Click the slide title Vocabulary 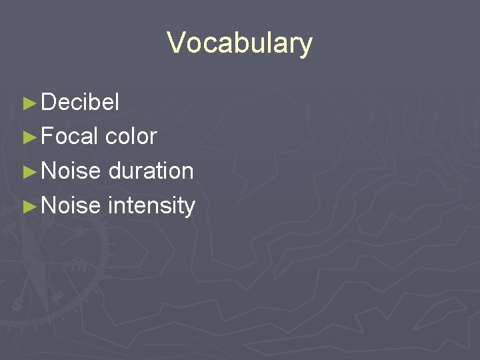click(239, 43)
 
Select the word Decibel click(80, 103)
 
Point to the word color click(131, 137)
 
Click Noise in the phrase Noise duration click(71, 171)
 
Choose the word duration click(151, 171)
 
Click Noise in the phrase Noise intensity click(71, 205)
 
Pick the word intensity click(151, 205)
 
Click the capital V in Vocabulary click(176, 43)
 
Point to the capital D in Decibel click(49, 103)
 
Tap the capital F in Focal click(48, 137)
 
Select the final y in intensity click(189, 207)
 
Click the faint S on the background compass click(16, 303)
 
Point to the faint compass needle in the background click(40, 280)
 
